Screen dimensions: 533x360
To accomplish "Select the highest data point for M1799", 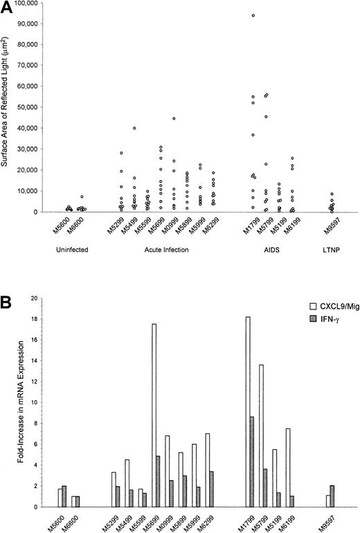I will [253, 15].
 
